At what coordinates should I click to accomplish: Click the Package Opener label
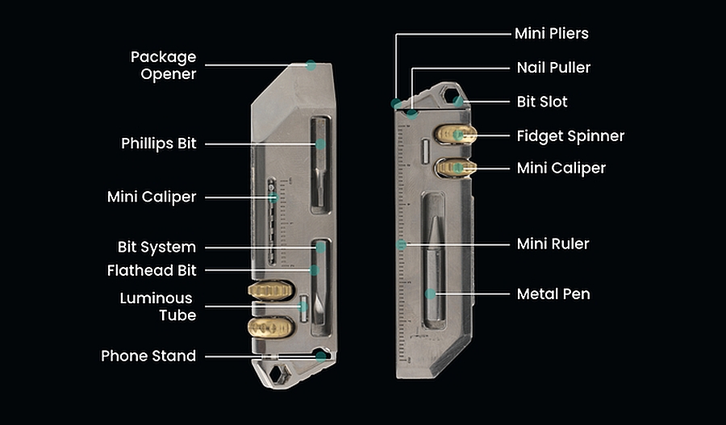(164, 65)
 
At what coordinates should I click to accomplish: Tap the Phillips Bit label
(159, 144)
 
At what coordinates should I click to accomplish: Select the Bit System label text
(156, 247)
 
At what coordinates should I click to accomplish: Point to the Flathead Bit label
(152, 269)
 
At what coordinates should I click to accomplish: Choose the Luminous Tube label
(157, 306)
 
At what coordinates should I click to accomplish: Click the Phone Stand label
(148, 356)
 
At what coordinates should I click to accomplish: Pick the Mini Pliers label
(552, 34)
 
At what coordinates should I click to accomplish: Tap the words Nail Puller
(553, 68)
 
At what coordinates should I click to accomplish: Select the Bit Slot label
(542, 102)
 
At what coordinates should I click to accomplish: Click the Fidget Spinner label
(570, 135)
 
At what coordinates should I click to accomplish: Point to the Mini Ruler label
(553, 244)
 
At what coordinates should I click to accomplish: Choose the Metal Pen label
(553, 294)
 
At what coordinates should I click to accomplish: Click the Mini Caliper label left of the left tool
(152, 197)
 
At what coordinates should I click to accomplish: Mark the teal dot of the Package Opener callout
(311, 65)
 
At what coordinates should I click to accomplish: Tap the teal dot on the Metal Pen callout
(431, 294)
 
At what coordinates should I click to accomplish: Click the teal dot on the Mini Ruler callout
(401, 244)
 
